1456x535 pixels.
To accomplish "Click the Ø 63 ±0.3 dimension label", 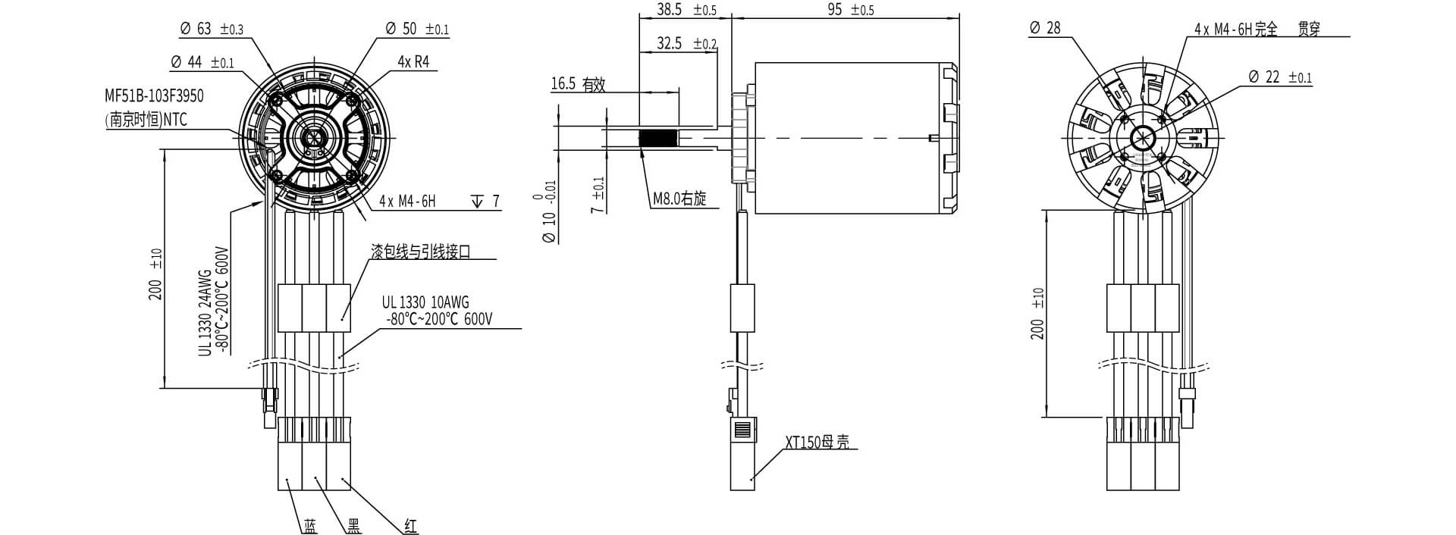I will tap(212, 29).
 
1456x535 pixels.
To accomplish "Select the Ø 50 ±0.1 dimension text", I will tap(417, 29).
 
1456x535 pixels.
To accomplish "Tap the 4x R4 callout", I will tap(413, 61).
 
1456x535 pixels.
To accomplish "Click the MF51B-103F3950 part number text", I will tap(154, 96).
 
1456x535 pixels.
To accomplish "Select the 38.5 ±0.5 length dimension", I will tap(677, 10).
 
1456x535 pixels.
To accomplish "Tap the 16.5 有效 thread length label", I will tap(578, 84).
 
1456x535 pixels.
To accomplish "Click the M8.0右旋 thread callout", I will tap(679, 199).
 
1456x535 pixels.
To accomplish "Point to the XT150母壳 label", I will tap(817, 442).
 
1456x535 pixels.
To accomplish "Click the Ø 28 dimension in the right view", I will tap(1045, 28).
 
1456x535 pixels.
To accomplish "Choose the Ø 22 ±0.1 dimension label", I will tap(1279, 77).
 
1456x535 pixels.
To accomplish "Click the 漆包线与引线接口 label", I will tap(420, 252).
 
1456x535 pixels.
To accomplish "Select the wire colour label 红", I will tap(410, 526).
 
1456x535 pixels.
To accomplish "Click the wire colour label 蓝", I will tap(310, 526).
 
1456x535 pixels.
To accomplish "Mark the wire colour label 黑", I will tap(353, 526).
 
